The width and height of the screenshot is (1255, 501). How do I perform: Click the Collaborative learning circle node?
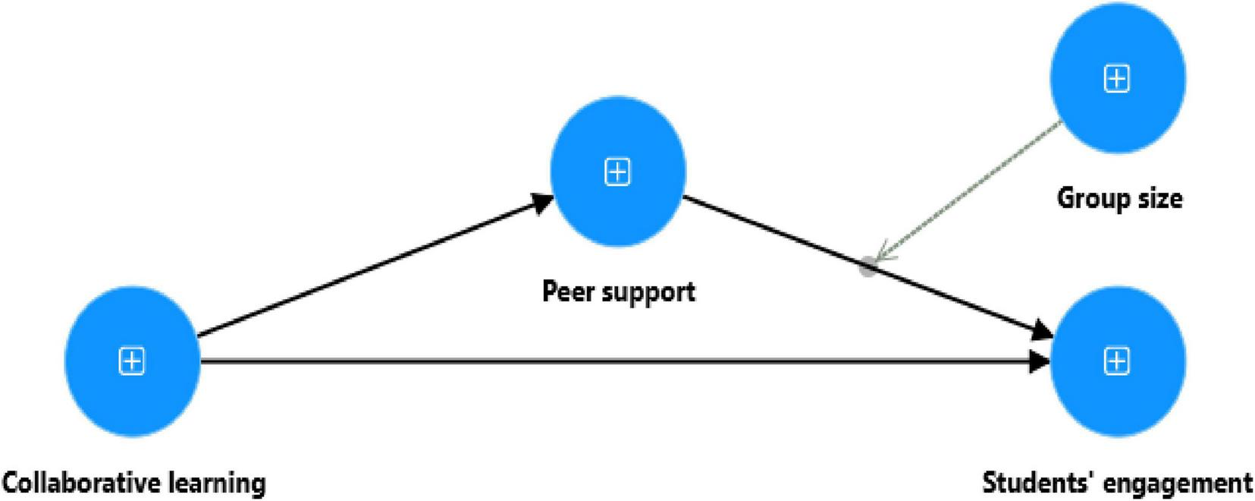(133, 361)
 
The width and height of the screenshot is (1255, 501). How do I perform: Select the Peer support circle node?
(618, 172)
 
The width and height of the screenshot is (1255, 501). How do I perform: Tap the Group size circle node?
(1117, 78)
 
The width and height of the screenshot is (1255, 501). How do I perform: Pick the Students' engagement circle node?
(1117, 361)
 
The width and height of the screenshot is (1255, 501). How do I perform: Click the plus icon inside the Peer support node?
(618, 172)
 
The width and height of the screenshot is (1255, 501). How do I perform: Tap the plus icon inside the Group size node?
(1117, 78)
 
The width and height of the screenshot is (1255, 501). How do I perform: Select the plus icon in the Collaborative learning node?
(133, 361)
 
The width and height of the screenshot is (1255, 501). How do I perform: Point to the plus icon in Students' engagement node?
(1117, 361)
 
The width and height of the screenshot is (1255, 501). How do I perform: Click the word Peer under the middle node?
(565, 291)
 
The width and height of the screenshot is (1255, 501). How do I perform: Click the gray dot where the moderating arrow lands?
(868, 266)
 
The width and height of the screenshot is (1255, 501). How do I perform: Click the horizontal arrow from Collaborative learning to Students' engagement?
(607, 362)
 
